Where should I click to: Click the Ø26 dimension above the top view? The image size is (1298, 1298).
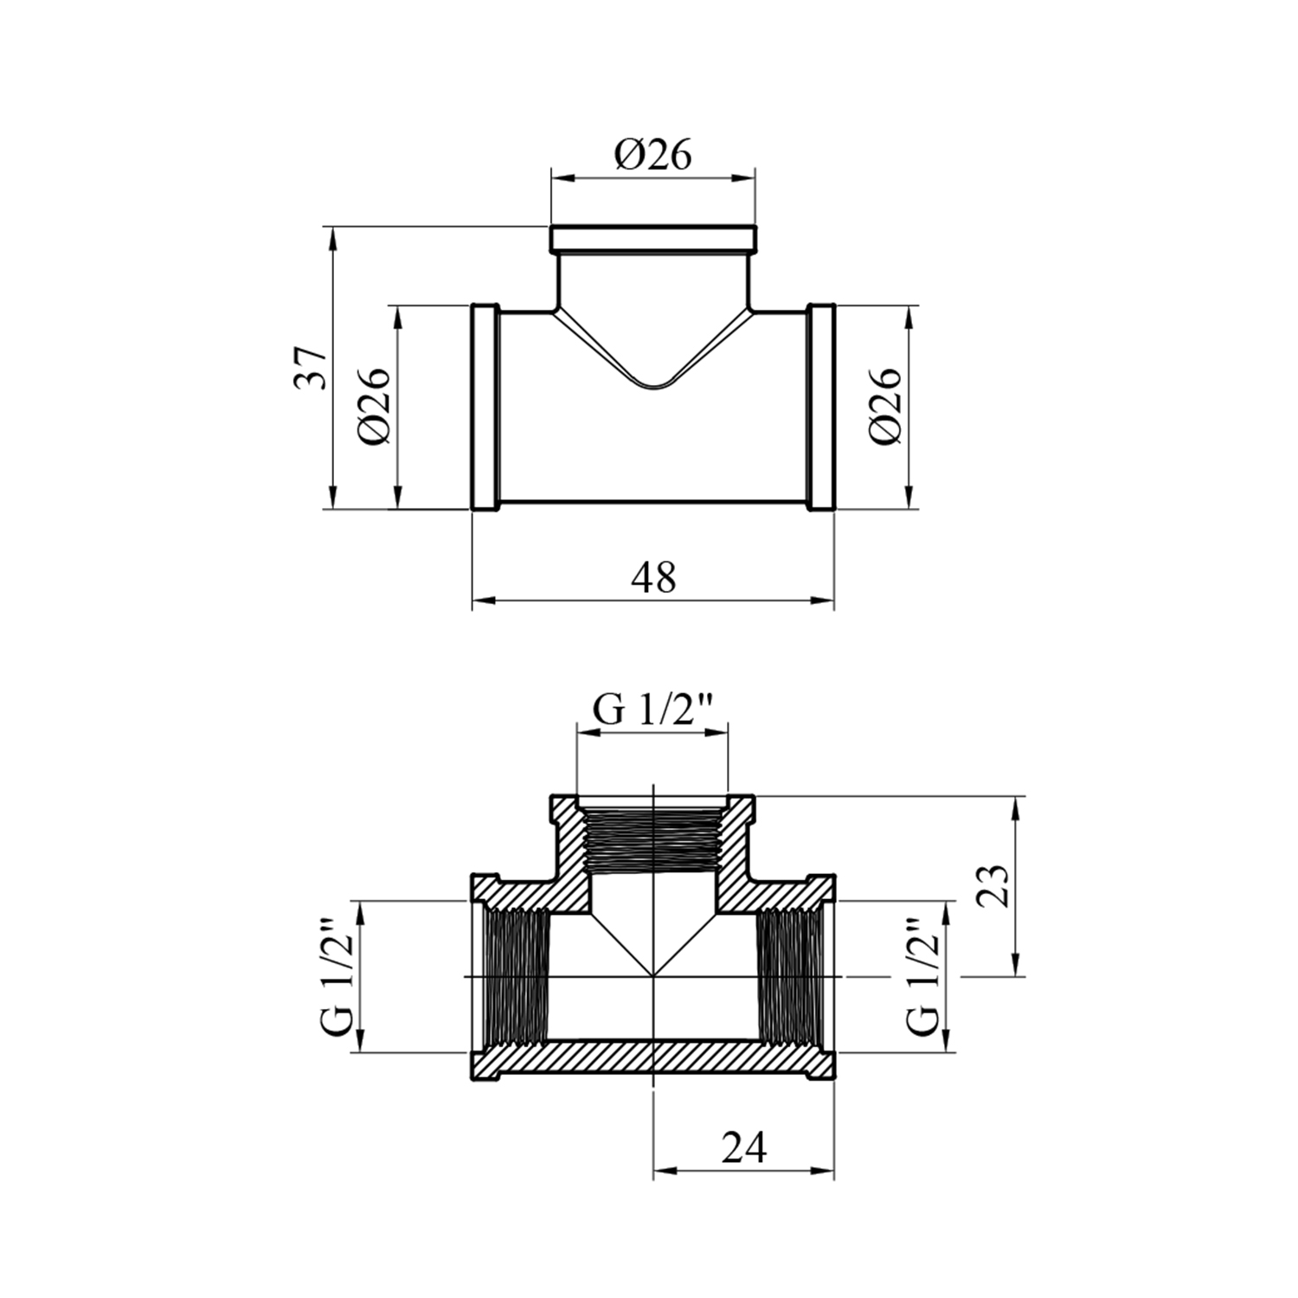[x=654, y=156]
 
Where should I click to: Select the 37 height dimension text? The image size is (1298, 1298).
[x=312, y=368]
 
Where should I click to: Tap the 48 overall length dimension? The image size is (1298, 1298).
[x=654, y=577]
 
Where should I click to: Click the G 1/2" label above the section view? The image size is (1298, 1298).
[x=652, y=710]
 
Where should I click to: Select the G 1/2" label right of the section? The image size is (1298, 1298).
[x=922, y=978]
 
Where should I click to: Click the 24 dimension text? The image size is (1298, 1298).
[x=744, y=1148]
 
